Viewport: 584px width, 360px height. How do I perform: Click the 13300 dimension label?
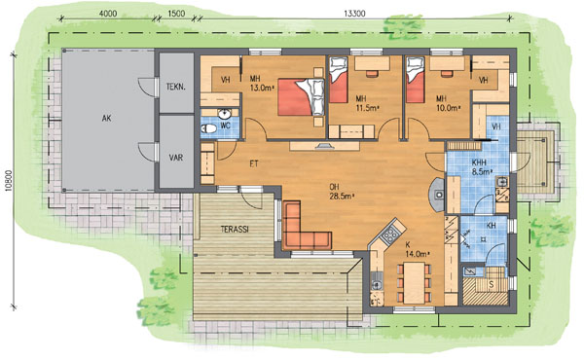[354, 14]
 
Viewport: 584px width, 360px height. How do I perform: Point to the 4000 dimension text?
[108, 14]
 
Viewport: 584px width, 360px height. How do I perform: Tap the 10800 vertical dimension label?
[9, 181]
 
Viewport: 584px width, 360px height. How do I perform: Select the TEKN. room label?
[176, 88]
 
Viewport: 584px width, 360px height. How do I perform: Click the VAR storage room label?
[176, 158]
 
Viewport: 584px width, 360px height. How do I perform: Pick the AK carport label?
[106, 119]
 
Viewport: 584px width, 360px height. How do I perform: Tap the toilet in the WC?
[208, 128]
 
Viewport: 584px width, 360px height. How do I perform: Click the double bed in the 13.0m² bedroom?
[301, 96]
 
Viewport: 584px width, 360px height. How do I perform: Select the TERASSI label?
[235, 230]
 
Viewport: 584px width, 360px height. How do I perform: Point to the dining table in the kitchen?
[415, 283]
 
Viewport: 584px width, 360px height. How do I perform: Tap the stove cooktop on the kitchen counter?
[389, 234]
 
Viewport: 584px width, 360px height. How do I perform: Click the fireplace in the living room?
[436, 195]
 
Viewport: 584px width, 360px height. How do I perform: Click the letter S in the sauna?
[492, 285]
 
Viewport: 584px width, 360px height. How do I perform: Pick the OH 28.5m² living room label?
[342, 192]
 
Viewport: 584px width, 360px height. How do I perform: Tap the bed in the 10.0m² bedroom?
[416, 79]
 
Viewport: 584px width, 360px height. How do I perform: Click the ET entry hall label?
[254, 163]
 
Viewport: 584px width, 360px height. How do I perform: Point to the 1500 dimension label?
[176, 14]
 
